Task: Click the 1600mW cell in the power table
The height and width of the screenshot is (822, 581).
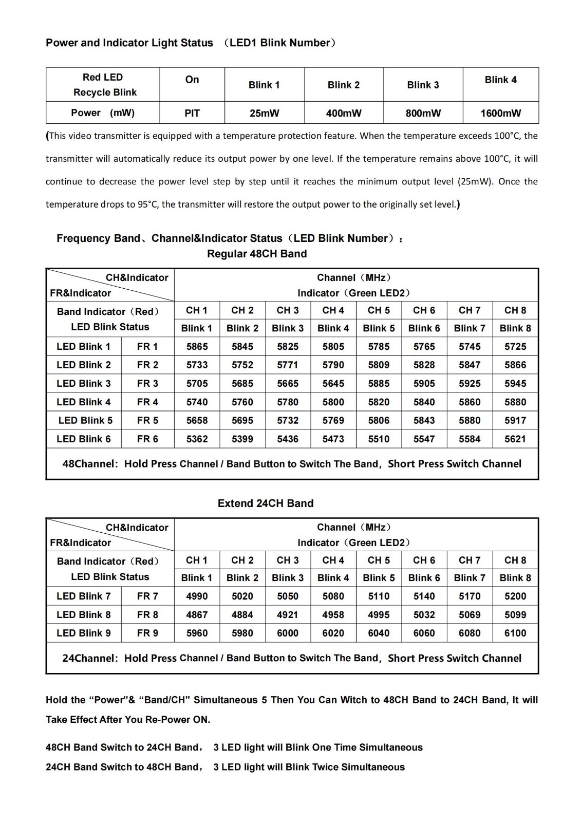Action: (500, 113)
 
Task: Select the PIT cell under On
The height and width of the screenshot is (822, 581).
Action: (192, 113)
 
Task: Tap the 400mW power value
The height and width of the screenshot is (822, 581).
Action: (344, 113)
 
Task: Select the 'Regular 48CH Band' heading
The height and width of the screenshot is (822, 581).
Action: (257, 254)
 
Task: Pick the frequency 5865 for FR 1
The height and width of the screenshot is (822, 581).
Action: (197, 347)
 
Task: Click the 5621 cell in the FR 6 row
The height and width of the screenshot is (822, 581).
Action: (515, 439)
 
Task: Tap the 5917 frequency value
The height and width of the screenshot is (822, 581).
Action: (515, 421)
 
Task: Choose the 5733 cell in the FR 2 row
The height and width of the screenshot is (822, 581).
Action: (197, 365)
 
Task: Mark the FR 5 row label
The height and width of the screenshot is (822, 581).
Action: (147, 421)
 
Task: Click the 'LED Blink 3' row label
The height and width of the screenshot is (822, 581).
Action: (84, 384)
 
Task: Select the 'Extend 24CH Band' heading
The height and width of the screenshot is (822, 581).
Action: (266, 503)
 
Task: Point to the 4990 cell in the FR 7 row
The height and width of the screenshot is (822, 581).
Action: (197, 596)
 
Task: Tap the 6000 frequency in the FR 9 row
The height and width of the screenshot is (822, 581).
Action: (288, 633)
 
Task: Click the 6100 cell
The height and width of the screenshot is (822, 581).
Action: (515, 633)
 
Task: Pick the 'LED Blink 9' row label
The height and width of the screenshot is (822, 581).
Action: (84, 633)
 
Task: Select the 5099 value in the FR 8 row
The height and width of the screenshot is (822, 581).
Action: (515, 615)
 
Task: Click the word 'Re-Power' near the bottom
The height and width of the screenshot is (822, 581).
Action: (167, 720)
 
